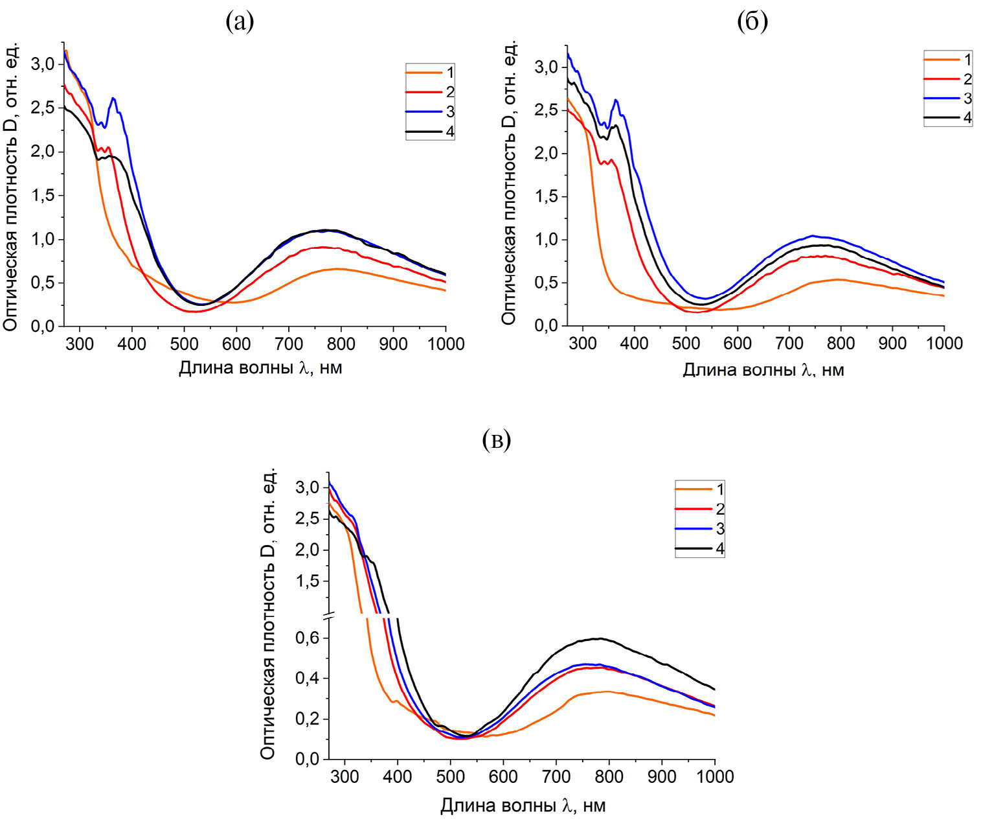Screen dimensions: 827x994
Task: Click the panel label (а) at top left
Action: click(x=240, y=22)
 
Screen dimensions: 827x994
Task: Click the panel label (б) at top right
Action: click(x=752, y=22)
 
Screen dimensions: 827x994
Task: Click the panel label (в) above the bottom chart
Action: click(x=497, y=440)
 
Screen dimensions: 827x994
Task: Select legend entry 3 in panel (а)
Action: click(x=431, y=111)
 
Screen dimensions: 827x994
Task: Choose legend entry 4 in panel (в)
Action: click(x=700, y=548)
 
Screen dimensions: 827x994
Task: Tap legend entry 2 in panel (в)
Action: click(x=700, y=509)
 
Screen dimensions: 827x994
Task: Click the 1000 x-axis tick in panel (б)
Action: click(x=944, y=344)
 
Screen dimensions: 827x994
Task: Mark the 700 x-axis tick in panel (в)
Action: click(x=556, y=776)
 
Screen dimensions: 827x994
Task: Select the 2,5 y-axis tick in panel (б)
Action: click(x=546, y=110)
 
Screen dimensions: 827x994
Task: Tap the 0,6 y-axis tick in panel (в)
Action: click(x=308, y=638)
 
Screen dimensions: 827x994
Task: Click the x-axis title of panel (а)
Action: click(x=260, y=368)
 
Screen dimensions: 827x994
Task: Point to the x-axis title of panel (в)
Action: click(x=523, y=806)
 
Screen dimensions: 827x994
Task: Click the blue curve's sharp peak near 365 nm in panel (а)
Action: click(x=113, y=98)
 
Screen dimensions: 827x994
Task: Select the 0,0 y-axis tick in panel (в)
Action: click(x=308, y=759)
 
